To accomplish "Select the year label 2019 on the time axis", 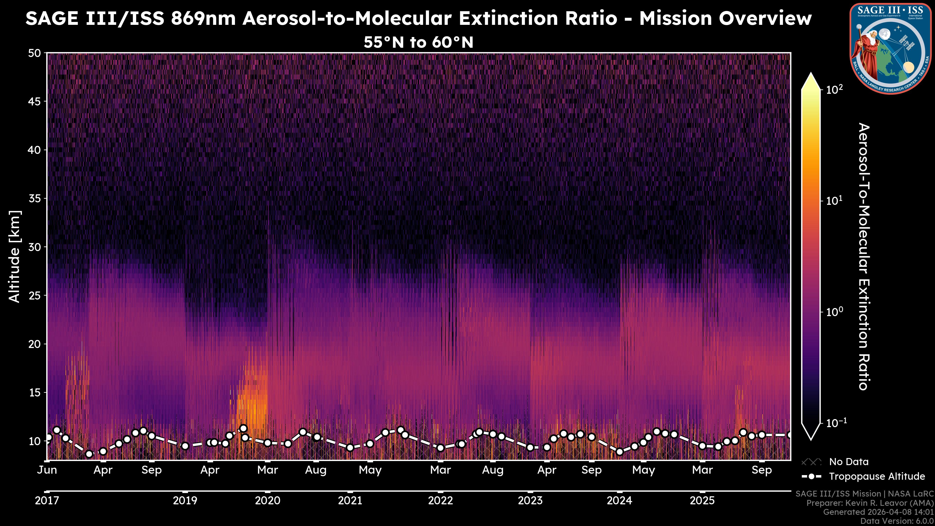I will [x=185, y=501].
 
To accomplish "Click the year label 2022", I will [x=440, y=501].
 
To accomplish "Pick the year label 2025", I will [x=702, y=501].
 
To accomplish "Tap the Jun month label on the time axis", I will [x=47, y=470].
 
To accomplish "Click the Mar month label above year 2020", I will [x=268, y=470].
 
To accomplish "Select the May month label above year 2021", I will [x=370, y=470].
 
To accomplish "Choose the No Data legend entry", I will [x=849, y=462].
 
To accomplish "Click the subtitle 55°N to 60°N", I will [x=419, y=42].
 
